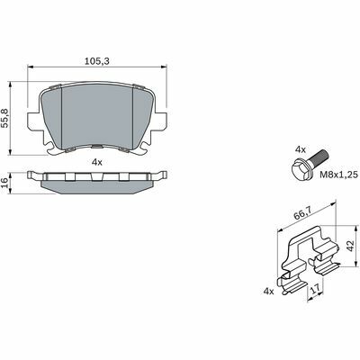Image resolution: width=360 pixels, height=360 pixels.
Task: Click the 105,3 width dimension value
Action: click(97, 61)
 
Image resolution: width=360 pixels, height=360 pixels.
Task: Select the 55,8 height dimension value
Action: click(5, 119)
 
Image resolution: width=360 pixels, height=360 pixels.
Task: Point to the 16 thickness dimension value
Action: click(4, 183)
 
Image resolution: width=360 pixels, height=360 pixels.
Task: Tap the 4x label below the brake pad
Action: click(97, 163)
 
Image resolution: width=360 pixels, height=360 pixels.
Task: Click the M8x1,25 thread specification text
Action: click(338, 175)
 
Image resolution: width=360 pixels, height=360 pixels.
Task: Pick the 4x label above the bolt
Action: click(301, 149)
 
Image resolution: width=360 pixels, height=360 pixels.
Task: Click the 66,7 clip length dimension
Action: click(302, 215)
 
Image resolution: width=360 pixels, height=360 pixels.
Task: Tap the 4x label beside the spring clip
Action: click(268, 291)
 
